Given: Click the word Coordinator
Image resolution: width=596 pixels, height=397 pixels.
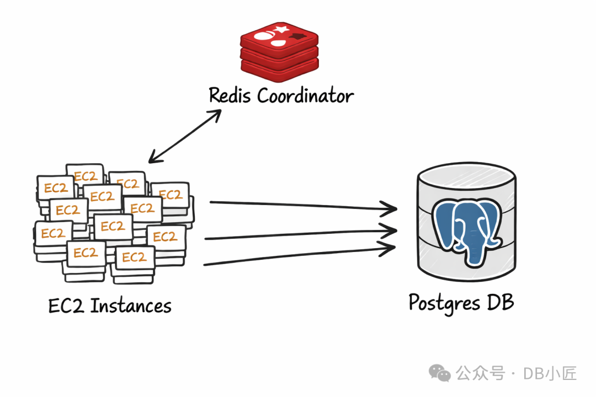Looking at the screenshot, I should [305, 96].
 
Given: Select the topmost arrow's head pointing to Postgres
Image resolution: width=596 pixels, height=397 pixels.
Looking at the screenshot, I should [393, 209].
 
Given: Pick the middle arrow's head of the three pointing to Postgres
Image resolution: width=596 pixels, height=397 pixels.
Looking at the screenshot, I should [393, 230].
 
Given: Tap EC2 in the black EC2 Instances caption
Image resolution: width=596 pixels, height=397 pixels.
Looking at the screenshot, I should [67, 305].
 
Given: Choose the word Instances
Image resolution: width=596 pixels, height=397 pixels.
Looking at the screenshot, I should [131, 305].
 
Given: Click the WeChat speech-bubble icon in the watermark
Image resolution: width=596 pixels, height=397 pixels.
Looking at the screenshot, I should [440, 374].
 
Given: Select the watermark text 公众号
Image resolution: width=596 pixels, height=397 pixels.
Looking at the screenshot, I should [480, 373].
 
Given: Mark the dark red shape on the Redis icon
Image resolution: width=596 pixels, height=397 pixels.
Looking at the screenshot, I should [299, 36].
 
